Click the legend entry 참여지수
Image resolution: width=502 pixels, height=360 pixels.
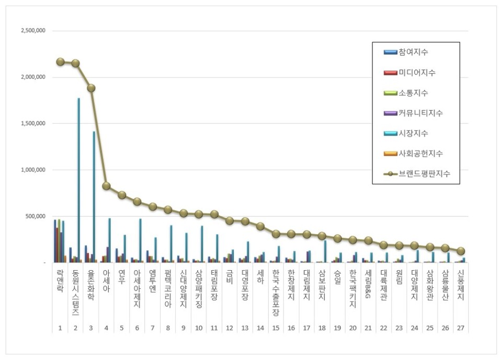414,52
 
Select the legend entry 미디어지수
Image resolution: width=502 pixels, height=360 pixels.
417,73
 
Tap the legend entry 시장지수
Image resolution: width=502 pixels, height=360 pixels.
414,133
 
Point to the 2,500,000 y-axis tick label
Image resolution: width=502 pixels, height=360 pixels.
33,31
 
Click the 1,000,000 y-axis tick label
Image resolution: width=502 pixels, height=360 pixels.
33,170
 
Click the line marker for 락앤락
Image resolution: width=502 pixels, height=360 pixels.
60,62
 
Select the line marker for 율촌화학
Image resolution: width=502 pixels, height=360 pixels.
91,88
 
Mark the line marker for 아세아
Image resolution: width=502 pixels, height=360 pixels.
106,186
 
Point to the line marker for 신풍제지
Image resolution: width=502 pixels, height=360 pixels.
461,251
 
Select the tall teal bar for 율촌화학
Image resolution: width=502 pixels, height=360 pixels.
94,196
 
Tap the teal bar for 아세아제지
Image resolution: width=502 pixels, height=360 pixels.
140,240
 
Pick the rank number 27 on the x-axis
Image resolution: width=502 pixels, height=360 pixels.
460,328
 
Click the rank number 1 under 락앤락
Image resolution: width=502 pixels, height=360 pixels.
60,328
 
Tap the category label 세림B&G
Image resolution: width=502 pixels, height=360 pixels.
368,285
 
